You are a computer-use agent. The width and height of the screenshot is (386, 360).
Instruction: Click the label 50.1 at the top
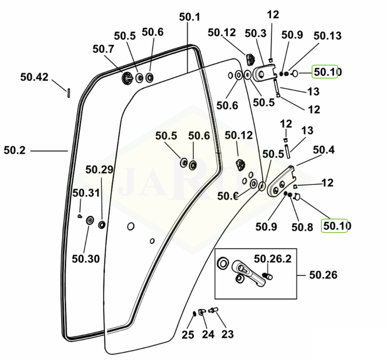pos(189,17)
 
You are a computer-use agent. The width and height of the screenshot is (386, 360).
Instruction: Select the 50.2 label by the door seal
pos(15,150)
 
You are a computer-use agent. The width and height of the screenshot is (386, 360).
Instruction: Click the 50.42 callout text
pos(34,77)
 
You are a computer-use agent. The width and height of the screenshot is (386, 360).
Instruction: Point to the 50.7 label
pos(103,49)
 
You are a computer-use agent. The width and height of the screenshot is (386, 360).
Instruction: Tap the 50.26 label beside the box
pos(323,275)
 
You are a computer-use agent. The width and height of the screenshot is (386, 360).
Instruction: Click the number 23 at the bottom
pos(227,334)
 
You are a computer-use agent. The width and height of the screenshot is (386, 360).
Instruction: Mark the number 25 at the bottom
pos(188,334)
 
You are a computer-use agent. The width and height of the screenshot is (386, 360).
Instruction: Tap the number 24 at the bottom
pos(207,334)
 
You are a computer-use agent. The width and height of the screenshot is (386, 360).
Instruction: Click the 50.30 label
pos(86,259)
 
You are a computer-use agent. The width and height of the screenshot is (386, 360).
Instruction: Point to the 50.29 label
pos(99,170)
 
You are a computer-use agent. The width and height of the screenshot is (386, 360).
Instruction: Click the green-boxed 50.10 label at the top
pos(327,72)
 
